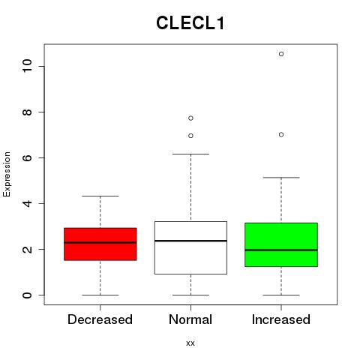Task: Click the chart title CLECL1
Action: [190, 23]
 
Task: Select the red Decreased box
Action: [100, 244]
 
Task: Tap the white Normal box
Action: [190, 247]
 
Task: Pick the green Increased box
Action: [281, 244]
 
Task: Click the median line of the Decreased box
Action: [100, 242]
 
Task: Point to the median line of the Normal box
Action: [190, 241]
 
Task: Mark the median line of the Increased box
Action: [281, 250]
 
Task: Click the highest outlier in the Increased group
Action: [281, 54]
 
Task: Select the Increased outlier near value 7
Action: [281, 135]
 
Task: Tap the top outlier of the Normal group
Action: [190, 118]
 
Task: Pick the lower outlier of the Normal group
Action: [190, 136]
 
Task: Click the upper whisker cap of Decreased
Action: [100, 196]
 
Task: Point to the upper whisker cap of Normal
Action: [190, 154]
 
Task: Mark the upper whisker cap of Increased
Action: [281, 178]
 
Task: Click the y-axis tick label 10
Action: [28, 66]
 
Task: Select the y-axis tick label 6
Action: [28, 157]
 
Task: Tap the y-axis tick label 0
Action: [28, 295]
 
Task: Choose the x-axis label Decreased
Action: [100, 319]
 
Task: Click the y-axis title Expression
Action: [7, 174]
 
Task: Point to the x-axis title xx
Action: [190, 343]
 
